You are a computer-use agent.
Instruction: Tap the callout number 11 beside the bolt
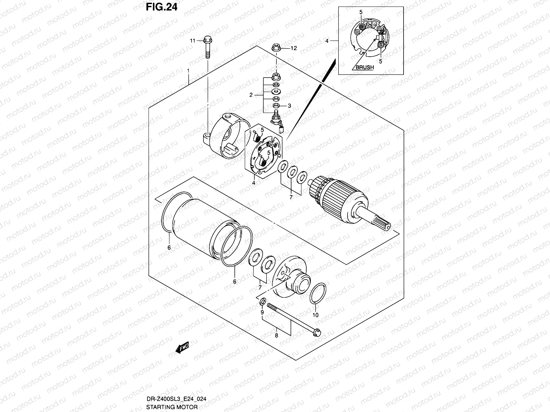(193, 41)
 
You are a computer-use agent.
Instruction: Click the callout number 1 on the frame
(188, 71)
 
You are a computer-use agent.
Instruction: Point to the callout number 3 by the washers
(289, 106)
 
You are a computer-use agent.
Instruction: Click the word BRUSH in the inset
(364, 67)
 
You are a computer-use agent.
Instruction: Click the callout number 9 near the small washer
(262, 312)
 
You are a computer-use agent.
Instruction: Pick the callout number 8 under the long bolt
(276, 336)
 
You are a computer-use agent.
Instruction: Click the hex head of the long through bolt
(317, 332)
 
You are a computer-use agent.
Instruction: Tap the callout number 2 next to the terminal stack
(251, 95)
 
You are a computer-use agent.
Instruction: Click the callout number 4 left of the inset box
(327, 41)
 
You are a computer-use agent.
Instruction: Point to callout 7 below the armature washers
(291, 197)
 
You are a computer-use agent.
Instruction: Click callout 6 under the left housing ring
(169, 247)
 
